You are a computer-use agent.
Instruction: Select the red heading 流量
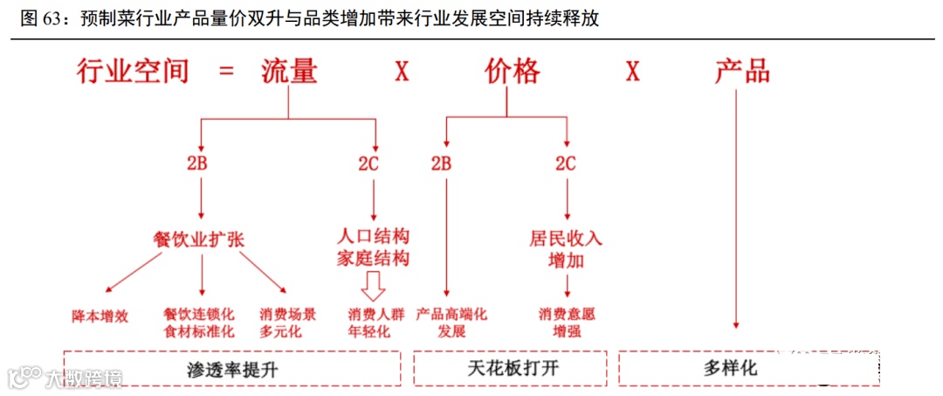click(289, 71)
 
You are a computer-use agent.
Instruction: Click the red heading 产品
click(742, 71)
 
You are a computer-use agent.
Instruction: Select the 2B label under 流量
click(202, 163)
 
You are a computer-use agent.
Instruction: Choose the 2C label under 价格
click(566, 163)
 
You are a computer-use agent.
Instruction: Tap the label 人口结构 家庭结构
click(374, 247)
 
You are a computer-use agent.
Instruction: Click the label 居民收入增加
click(566, 249)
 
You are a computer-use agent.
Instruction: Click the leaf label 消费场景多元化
click(287, 323)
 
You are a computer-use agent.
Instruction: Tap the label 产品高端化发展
click(451, 323)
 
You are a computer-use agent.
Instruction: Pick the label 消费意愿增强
click(568, 323)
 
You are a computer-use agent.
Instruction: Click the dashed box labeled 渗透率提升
click(232, 368)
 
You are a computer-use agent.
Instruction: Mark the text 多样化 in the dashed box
click(731, 368)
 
